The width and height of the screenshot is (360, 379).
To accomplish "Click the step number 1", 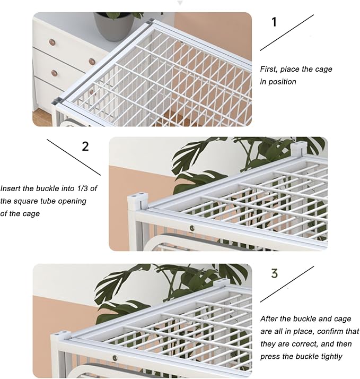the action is tap(274, 22).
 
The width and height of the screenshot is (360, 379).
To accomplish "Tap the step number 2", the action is tap(85, 146).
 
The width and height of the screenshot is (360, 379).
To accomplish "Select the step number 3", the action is tap(274, 273).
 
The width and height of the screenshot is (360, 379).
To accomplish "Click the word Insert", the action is tap(10, 188).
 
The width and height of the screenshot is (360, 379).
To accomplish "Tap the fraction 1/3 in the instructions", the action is tap(81, 188).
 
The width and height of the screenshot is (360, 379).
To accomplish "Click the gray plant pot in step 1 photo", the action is tap(114, 26).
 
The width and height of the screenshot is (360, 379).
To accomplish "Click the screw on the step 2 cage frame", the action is tap(192, 227).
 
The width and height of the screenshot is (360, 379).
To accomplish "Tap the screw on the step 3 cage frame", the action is tap(115, 357).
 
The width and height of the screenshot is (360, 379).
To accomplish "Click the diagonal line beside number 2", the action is tap(74, 157).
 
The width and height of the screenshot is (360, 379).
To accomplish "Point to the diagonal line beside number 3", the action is tap(287, 285).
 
